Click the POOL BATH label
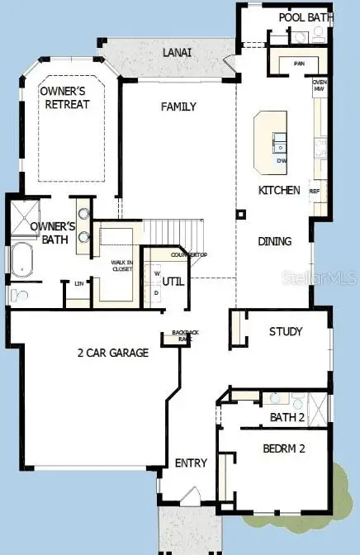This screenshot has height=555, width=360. [x=305, y=17]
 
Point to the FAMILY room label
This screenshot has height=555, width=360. [x=178, y=107]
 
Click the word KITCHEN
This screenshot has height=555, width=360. [x=278, y=190]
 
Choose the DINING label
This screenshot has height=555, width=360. [x=274, y=242]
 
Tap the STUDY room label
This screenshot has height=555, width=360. [x=286, y=332]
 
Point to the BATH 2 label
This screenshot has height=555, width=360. [x=287, y=418]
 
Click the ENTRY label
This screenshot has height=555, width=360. [x=191, y=463]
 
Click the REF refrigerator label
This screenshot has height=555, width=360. [x=314, y=191]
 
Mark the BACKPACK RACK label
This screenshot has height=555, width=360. [x=180, y=335]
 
